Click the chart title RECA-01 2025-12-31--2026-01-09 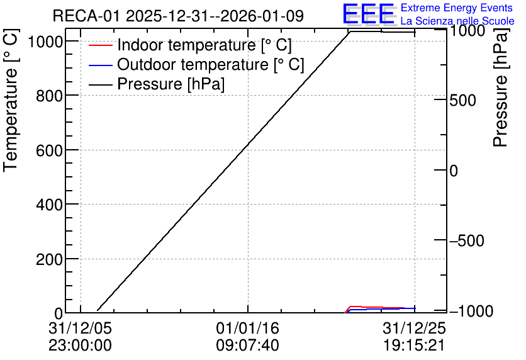click(x=178, y=16)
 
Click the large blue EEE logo click(x=368, y=14)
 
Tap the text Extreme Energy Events click(x=457, y=8)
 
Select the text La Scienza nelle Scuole click(x=457, y=21)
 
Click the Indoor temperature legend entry click(x=190, y=45)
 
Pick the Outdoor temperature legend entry click(x=196, y=64)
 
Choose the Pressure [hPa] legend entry click(x=157, y=84)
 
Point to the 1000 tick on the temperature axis click(x=45, y=42)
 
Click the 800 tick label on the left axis click(x=49, y=97)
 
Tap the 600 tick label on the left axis click(x=49, y=151)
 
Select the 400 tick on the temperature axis click(x=49, y=205)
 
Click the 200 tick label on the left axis click(x=49, y=259)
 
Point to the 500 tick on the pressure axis click(x=462, y=100)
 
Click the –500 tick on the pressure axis click(x=467, y=240)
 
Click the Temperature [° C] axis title click(x=10, y=101)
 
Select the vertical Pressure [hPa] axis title click(x=501, y=87)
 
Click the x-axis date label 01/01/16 click(x=247, y=328)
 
